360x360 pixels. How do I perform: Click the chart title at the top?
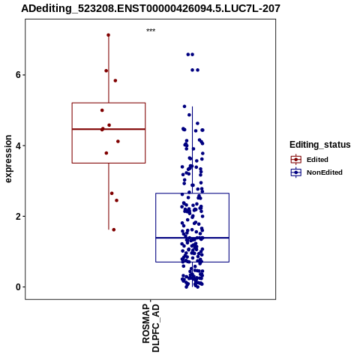pos(151,8)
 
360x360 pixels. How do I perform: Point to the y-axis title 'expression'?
pos(8,159)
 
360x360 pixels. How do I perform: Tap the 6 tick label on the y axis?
pos(18,75)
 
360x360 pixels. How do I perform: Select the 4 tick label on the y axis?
pos(18,145)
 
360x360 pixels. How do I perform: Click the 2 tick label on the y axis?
pos(18,216)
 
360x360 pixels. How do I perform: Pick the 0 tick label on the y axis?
pos(18,287)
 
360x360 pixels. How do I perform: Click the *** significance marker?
pos(151,31)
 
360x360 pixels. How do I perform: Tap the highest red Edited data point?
pos(109,35)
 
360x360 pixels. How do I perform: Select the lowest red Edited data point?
pos(114,229)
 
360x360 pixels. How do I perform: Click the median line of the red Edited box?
pos(109,129)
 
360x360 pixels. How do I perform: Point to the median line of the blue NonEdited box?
pos(192,238)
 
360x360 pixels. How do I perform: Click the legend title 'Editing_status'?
pos(320,145)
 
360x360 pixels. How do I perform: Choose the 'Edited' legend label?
pos(317,160)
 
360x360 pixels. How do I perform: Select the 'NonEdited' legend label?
pos(325,172)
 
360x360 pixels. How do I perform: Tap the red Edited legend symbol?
pos(296,160)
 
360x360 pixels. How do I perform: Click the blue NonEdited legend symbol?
pos(296,172)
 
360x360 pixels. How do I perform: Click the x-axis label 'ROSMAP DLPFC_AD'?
pos(151,328)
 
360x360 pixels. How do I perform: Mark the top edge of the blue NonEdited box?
pos(192,193)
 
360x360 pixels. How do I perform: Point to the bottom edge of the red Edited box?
pos(109,163)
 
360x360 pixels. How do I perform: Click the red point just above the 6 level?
pos(106,70)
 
